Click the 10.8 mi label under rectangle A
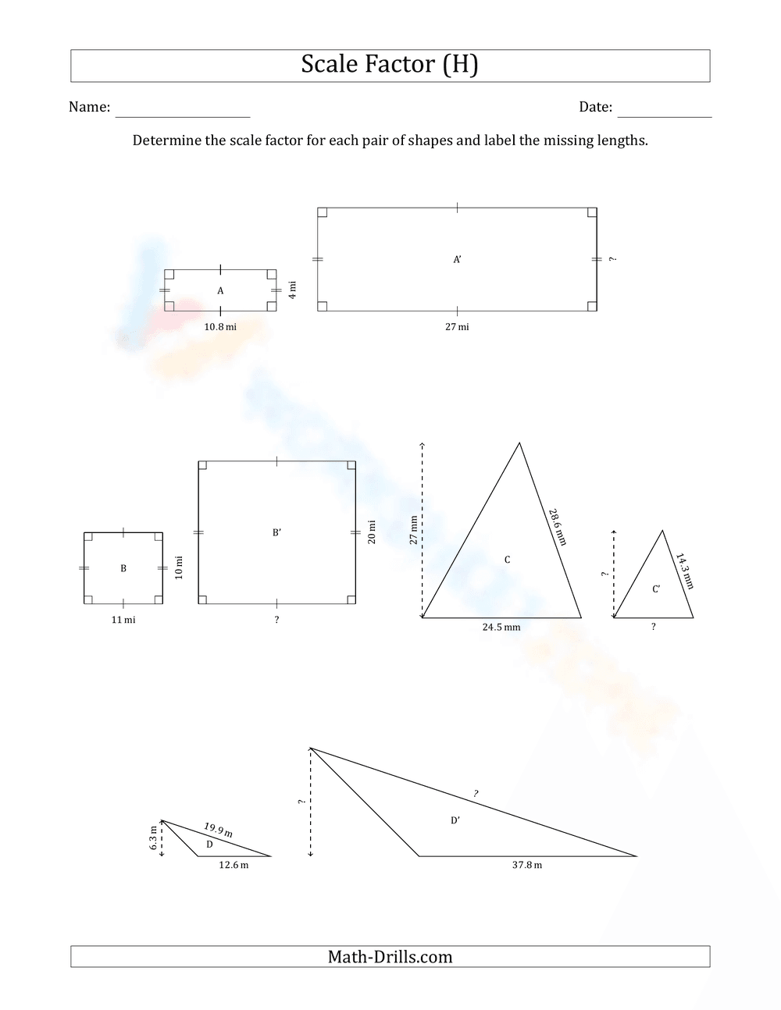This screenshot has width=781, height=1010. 220,327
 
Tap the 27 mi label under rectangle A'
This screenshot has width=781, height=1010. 457,327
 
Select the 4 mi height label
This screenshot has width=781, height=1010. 292,290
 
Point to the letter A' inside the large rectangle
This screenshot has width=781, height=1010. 458,259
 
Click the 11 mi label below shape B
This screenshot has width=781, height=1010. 123,620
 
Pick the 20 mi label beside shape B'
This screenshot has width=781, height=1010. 372,532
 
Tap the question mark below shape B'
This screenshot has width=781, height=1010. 276,621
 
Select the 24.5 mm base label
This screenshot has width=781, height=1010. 501,627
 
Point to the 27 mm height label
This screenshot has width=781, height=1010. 414,530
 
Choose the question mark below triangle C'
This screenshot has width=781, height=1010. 653,627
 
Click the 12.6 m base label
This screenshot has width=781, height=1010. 234,865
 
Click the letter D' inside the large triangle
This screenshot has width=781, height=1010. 455,820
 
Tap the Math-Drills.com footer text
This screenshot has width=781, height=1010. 390,957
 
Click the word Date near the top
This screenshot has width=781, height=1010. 595,108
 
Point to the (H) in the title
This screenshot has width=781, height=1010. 460,65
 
